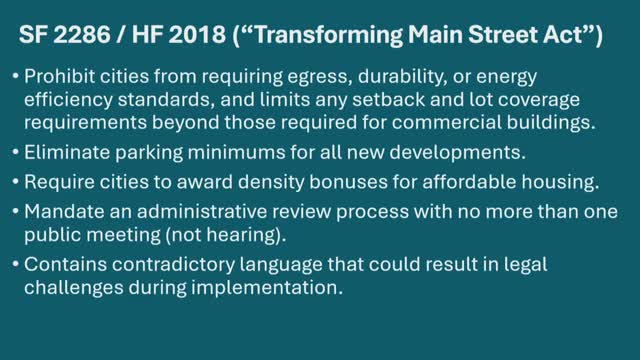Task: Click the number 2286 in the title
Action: [x=82, y=34]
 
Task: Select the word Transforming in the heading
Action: [x=328, y=35]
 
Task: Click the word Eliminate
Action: [x=67, y=152]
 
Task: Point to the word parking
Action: [x=149, y=153]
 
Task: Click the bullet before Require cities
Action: [x=16, y=182]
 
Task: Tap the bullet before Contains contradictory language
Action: [x=16, y=264]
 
